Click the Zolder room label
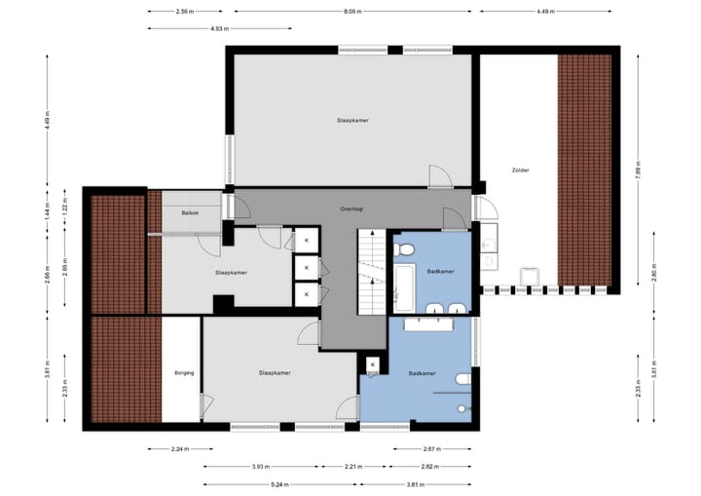click(x=521, y=170)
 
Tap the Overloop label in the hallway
click(x=351, y=209)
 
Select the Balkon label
click(x=191, y=211)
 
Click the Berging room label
click(x=184, y=372)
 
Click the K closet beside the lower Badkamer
click(x=372, y=365)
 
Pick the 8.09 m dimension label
click(x=352, y=12)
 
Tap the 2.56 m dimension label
click(x=182, y=12)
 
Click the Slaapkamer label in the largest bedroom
click(x=351, y=120)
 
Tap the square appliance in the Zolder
click(x=530, y=277)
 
